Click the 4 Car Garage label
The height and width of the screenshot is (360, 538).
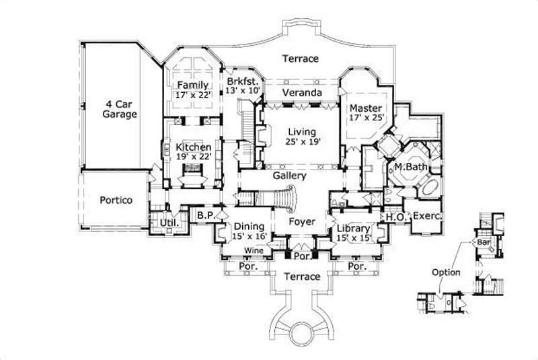[x=120, y=109]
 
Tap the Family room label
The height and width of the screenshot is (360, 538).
[x=194, y=90]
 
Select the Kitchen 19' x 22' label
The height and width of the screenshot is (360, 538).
[x=194, y=151]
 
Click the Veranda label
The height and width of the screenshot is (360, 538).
[x=301, y=92]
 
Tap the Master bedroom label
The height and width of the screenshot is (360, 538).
[x=366, y=113]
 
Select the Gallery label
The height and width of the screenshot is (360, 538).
[x=290, y=176]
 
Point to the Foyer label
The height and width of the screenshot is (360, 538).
[x=302, y=221]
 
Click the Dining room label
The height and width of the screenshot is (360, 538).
[x=249, y=231]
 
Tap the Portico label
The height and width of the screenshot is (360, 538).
[x=116, y=201]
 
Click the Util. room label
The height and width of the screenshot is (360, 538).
[x=167, y=222]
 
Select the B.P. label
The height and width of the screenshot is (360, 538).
[x=204, y=216]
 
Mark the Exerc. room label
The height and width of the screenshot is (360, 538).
[x=426, y=217]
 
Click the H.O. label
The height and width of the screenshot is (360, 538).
[x=393, y=217]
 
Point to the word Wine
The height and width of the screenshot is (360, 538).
[x=253, y=250]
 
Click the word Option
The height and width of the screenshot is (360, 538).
[x=447, y=273]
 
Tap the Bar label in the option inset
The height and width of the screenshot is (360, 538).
[x=483, y=241]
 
